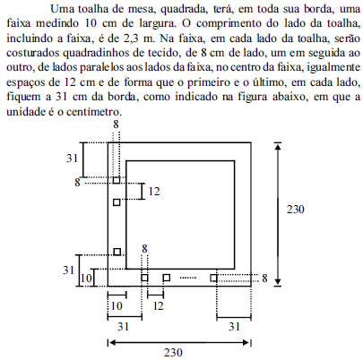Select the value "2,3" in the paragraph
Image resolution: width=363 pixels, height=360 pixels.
(129, 39)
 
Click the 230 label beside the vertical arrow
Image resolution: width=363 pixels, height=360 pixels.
(296, 210)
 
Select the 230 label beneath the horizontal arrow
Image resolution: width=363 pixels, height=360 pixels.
(173, 353)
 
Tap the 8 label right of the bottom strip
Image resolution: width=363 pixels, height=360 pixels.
(264, 279)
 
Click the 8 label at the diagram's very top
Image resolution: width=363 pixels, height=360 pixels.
(116, 124)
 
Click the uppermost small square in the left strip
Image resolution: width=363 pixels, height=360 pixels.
(117, 180)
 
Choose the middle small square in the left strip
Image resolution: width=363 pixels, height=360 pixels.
(117, 202)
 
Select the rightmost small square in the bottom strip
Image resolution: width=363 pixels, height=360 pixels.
(213, 279)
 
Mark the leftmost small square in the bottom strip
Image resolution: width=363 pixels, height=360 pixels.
(144, 278)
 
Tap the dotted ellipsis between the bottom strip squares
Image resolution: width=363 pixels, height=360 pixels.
(188, 278)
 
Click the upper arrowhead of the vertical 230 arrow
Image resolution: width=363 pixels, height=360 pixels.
(278, 147)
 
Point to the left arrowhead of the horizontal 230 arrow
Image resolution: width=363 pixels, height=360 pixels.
(112, 342)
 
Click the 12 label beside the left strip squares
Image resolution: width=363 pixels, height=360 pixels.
(154, 192)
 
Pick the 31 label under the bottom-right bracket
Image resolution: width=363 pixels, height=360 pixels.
(235, 327)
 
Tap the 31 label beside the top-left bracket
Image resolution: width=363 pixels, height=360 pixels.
(72, 159)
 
